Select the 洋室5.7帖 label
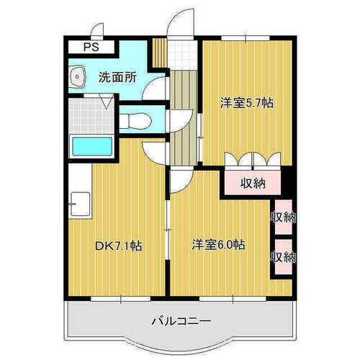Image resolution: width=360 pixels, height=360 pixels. click(246, 104)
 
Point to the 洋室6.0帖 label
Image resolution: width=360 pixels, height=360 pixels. click(218, 245)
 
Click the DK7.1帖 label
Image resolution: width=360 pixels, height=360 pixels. click(118, 246)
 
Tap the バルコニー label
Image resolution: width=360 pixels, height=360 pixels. click(181, 320)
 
